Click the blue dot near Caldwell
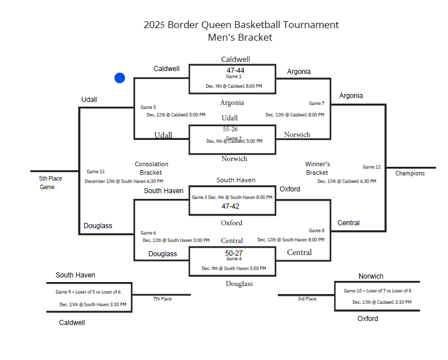click(120, 78)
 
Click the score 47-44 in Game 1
click(235, 71)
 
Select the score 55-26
click(230, 130)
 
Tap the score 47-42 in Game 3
click(230, 206)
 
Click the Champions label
click(410, 173)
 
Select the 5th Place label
click(51, 178)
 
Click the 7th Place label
click(162, 299)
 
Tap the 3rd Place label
click(307, 299)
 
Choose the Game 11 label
click(96, 171)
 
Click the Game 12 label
click(371, 167)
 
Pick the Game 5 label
click(148, 107)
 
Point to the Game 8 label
click(316, 230)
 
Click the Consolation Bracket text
click(151, 168)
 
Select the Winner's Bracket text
click(317, 168)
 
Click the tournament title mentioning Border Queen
click(241, 25)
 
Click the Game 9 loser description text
click(92, 292)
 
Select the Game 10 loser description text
click(378, 291)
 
